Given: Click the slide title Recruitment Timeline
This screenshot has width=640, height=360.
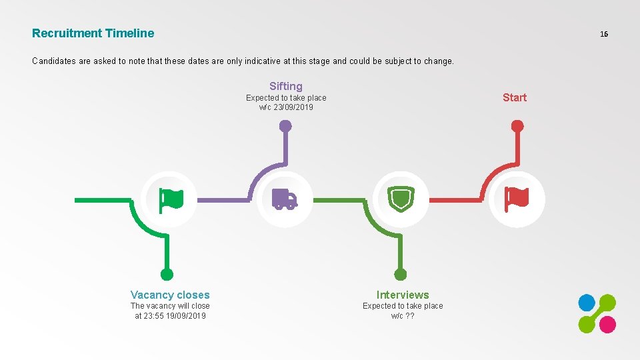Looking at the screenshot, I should pyautogui.click(x=93, y=33).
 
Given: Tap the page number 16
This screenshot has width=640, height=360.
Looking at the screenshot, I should pyautogui.click(x=604, y=34).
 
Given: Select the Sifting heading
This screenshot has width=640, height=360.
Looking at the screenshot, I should pyautogui.click(x=286, y=86).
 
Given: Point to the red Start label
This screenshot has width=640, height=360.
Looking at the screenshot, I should pyautogui.click(x=515, y=97).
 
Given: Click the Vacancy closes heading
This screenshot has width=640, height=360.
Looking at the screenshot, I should pyautogui.click(x=170, y=295).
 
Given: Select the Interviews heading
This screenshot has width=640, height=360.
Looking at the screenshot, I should pyautogui.click(x=403, y=295).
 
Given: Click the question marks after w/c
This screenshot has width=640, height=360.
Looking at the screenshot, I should pyautogui.click(x=410, y=316).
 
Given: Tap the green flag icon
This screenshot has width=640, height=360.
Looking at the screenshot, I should pyautogui.click(x=170, y=199).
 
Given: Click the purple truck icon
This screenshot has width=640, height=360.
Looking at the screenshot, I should pyautogui.click(x=285, y=199).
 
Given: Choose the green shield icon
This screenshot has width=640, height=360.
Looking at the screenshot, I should pyautogui.click(x=401, y=199).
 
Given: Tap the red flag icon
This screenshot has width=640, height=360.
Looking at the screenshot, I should pyautogui.click(x=517, y=199).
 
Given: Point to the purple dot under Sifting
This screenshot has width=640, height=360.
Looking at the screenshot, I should pyautogui.click(x=285, y=125).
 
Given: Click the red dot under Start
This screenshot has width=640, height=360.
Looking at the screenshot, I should pyautogui.click(x=517, y=125).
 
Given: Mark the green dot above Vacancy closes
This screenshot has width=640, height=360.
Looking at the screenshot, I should pyautogui.click(x=167, y=274).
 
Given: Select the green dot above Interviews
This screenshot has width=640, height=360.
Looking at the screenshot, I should pyautogui.click(x=401, y=274).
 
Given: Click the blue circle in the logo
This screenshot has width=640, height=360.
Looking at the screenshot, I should pyautogui.click(x=586, y=303).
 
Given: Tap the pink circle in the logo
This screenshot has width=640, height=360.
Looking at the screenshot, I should pyautogui.click(x=607, y=325).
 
